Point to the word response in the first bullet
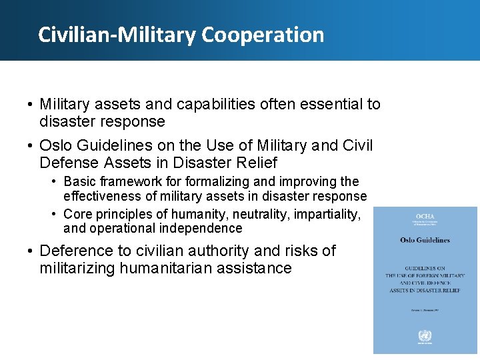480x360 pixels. point(131,121)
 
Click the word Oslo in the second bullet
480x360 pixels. point(55,145)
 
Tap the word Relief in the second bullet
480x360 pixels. point(257,163)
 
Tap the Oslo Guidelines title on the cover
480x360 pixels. point(425,240)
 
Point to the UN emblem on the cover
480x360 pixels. point(425,336)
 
